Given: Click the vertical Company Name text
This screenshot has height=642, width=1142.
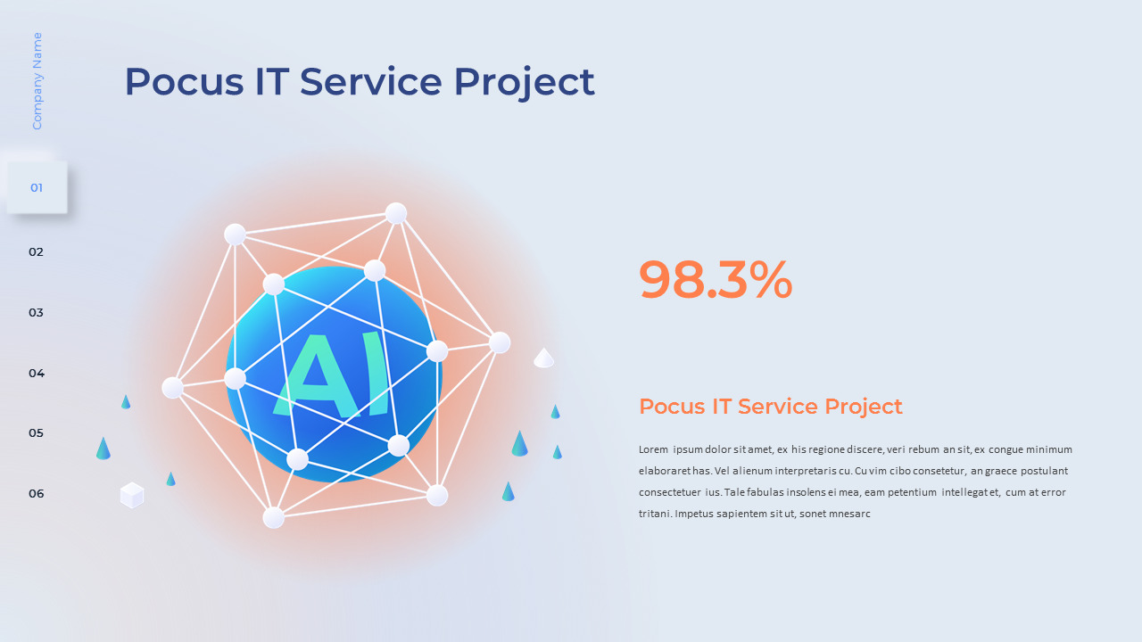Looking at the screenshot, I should coord(37,81).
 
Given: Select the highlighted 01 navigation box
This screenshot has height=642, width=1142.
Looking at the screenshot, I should coord(37,187).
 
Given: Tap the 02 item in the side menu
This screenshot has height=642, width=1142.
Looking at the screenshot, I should coord(36,252).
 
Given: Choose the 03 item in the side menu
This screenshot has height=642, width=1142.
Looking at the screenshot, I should coord(36,313).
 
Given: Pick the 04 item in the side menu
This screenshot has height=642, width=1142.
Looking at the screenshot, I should coord(36,373).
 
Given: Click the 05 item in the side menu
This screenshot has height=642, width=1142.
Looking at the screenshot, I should coord(36,433).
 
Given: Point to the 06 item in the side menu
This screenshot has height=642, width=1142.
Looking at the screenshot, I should coord(36,494).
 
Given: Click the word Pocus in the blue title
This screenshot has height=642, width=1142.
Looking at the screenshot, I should coord(183,82).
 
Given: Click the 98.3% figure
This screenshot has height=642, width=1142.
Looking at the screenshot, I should coord(716,281).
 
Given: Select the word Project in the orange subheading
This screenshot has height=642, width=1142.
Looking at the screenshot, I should coord(863,407).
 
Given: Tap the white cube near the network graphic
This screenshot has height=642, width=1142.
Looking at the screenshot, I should coord(132,495).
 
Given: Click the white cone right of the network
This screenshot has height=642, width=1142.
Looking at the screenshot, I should coord(544,358).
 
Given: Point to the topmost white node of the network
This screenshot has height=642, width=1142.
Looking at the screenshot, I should coord(396,213).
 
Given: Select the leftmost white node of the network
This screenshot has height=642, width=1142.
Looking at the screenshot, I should coord(173,387).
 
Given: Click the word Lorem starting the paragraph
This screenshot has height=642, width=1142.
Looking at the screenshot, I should coord(653,449).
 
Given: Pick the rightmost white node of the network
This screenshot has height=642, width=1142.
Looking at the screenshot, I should coord(500,342).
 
